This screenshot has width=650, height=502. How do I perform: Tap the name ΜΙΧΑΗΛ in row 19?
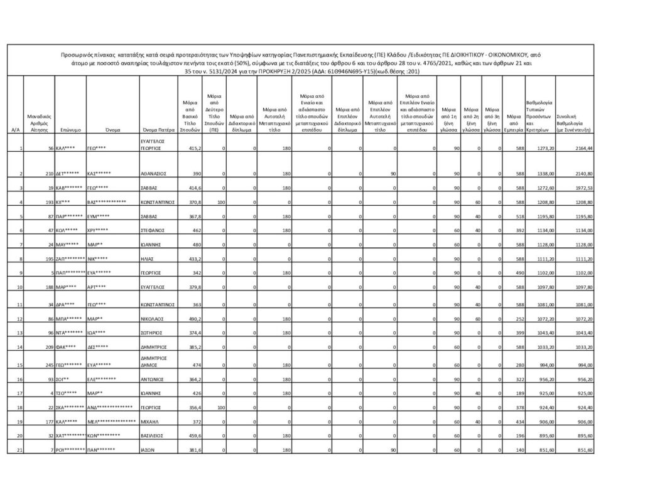coord(148,422)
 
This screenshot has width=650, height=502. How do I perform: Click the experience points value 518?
coord(512,216)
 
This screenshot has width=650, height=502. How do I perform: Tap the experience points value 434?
coord(512,422)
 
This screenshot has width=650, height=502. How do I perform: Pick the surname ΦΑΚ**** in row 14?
coord(68,347)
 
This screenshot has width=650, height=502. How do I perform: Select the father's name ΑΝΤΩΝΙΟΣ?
coord(152,380)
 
